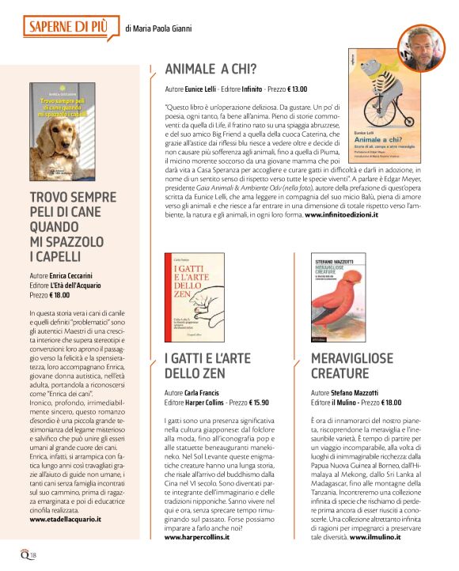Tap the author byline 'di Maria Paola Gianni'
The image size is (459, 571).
point(158,29)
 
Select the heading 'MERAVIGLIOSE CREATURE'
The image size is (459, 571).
point(355,366)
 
